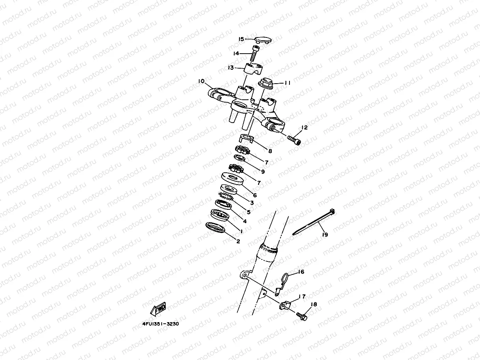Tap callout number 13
click(x=231, y=68)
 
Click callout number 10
click(x=201, y=81)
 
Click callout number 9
click(x=263, y=172)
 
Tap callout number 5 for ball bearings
click(x=248, y=212)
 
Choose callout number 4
click(x=245, y=221)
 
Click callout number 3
click(x=252, y=203)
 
